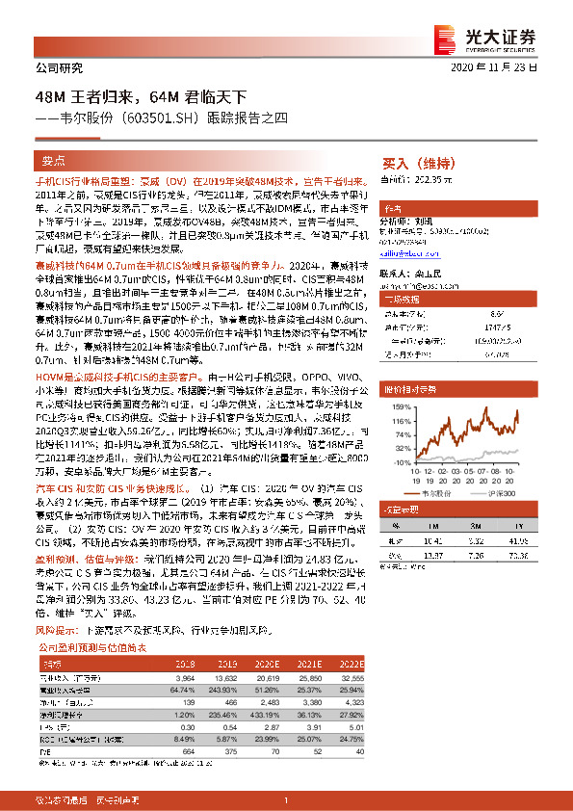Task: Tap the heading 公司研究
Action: (x=59, y=68)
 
